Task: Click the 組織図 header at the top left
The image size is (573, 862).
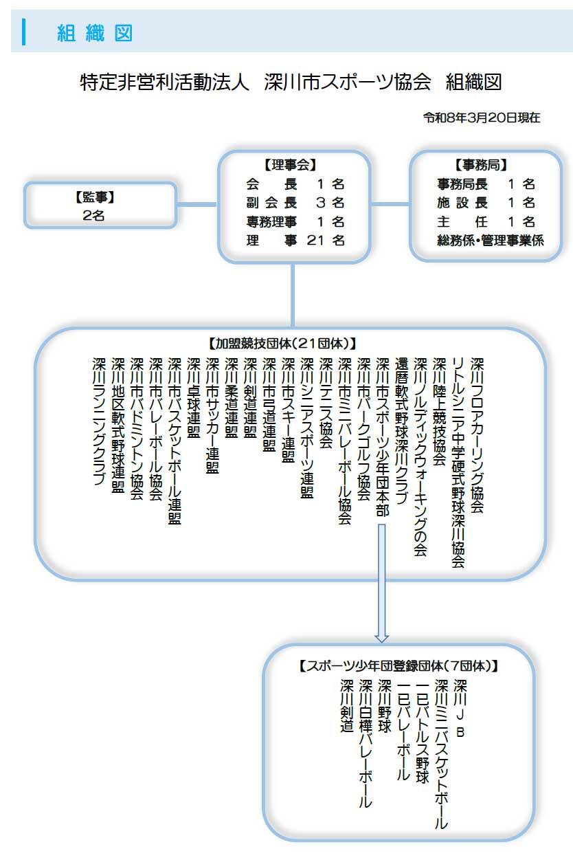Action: click(x=95, y=33)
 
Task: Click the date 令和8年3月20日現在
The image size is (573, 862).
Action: click(x=481, y=118)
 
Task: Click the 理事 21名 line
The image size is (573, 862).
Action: click(x=295, y=241)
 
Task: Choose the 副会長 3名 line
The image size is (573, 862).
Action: click(x=295, y=203)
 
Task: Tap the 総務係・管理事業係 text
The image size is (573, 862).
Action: click(x=490, y=241)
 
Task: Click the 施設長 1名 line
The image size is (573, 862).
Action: click(x=485, y=203)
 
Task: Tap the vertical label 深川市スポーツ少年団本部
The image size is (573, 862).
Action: click(x=383, y=437)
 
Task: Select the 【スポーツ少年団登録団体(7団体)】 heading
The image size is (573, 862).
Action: click(x=398, y=665)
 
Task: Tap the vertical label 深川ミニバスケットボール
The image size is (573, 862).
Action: click(x=442, y=753)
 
